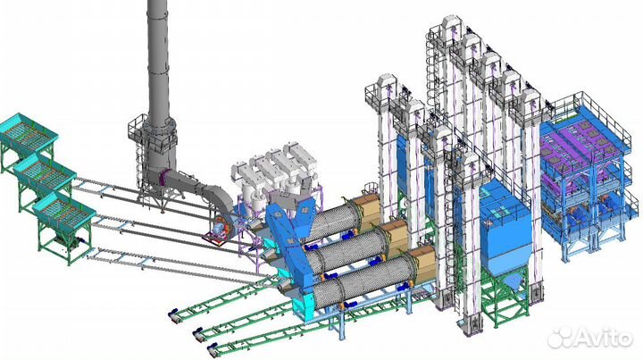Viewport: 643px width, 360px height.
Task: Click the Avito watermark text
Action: point(590,337)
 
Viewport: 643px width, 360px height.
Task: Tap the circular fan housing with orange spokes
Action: point(221,227)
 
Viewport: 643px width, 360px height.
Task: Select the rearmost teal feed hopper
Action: point(27,131)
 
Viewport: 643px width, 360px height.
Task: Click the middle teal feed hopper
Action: point(45,172)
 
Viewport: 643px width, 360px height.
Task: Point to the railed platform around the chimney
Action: point(153,131)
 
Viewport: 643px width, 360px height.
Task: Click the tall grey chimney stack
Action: point(158,62)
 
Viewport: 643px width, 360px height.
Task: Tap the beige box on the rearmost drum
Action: point(366,208)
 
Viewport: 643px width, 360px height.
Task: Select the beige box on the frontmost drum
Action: point(422,263)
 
